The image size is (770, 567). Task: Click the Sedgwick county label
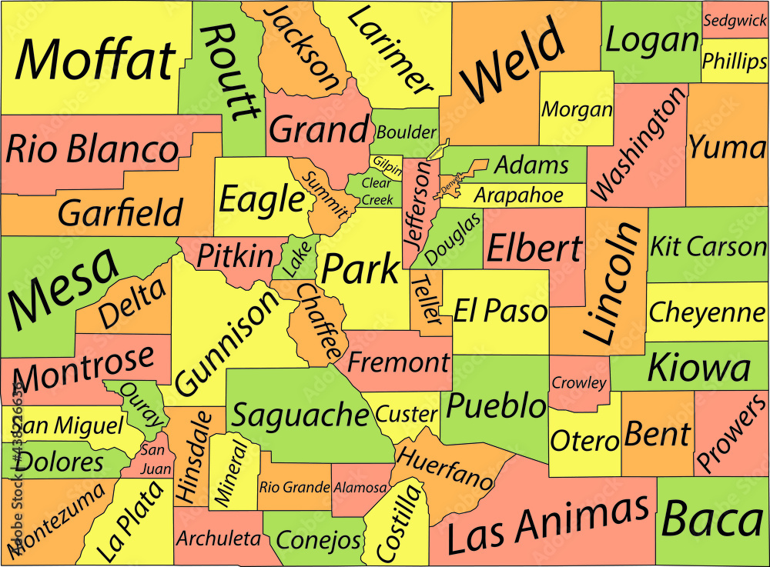pos(735,22)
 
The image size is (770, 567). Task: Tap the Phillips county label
pos(734,61)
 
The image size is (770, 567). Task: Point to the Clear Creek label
pos(377,192)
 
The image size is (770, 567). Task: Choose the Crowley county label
pos(579,382)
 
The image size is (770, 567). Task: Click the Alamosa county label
pos(360,488)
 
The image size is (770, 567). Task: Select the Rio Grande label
pos(294,487)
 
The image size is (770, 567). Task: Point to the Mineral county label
pos(233,472)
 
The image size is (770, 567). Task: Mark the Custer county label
pos(407,414)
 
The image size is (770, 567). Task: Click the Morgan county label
pos(577,109)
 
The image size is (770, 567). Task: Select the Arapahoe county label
pos(518,195)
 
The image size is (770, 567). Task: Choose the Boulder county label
pos(406,132)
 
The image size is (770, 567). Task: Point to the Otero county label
pos(584,441)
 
